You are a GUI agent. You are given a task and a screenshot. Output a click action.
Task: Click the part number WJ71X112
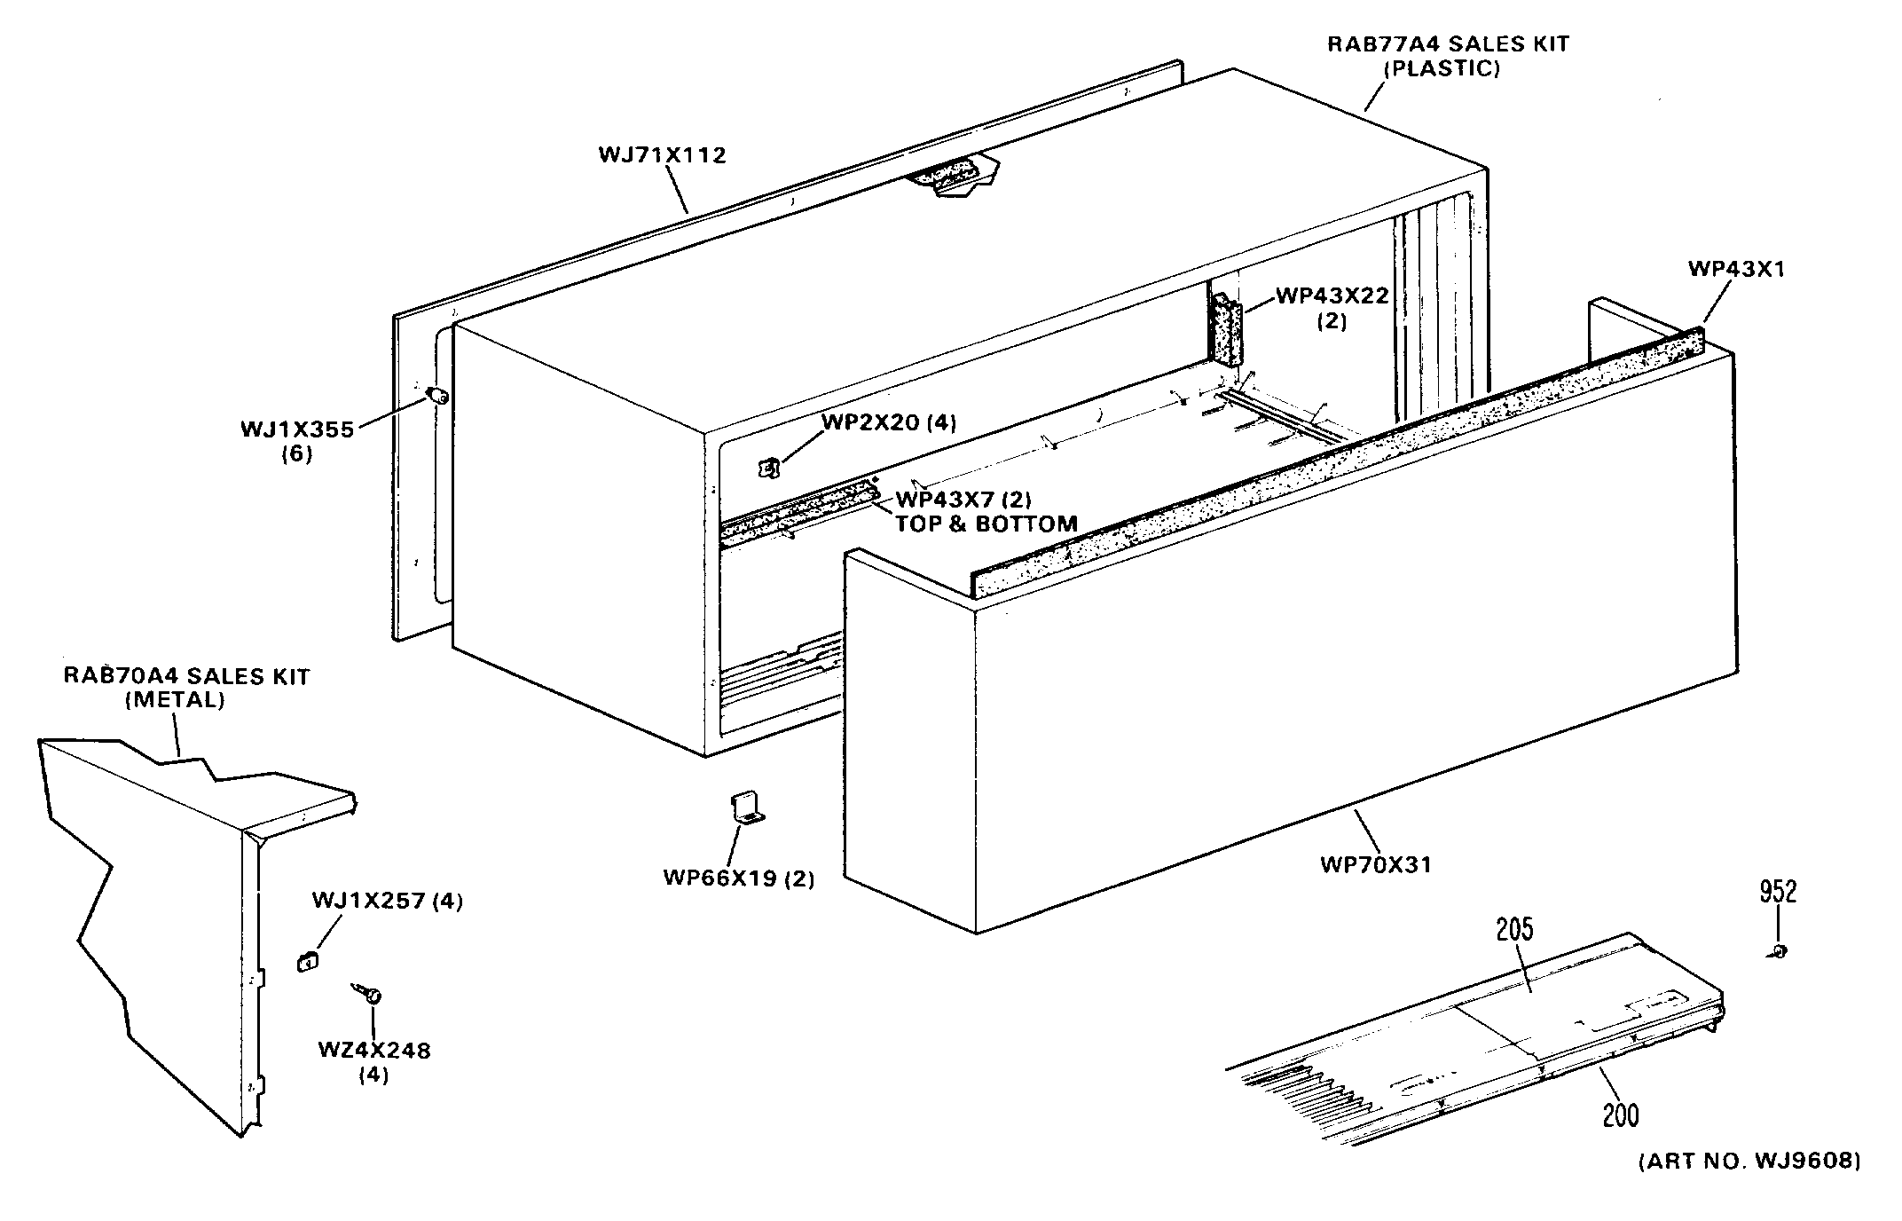point(662,155)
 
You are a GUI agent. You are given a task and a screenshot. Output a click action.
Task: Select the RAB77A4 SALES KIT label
point(1448,44)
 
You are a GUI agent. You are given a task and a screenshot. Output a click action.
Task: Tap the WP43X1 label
point(1736,270)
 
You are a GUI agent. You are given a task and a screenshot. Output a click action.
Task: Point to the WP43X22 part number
point(1332,295)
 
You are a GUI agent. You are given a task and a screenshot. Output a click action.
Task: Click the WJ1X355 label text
point(297,430)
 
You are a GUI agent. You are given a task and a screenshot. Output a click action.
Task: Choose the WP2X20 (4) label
point(889,422)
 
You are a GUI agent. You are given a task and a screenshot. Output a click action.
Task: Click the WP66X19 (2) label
point(738,878)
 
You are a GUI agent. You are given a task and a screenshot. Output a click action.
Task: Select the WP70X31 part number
point(1376,864)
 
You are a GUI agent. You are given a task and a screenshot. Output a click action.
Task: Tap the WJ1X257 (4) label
point(387,902)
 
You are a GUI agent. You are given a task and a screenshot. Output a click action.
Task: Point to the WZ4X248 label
point(373,1052)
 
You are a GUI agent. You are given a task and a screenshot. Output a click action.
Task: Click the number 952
point(1778,892)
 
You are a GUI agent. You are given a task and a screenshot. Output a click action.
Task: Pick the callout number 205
point(1514,930)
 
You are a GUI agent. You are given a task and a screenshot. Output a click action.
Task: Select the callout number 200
point(1621,1115)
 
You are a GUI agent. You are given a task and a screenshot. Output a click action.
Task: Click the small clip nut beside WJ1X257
point(305,961)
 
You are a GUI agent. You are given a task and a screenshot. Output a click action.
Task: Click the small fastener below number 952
point(1779,951)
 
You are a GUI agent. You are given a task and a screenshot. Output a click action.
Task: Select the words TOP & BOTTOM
point(986,524)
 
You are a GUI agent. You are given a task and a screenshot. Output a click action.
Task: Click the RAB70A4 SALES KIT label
point(186,677)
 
